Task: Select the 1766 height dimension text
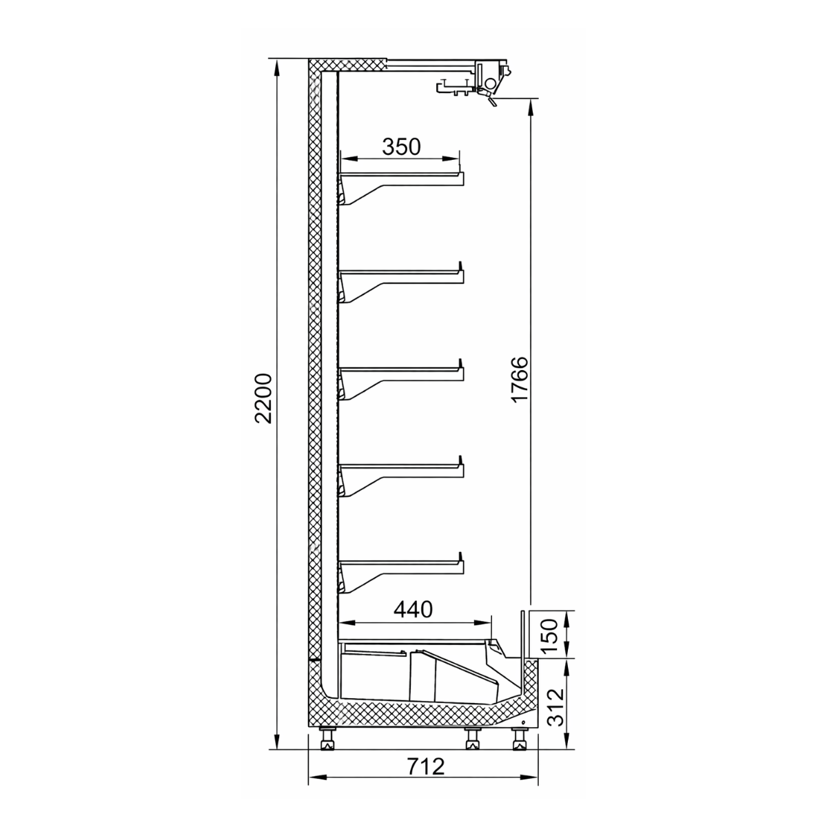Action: [x=520, y=380]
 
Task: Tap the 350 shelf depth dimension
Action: [x=401, y=147]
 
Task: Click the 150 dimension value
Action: [x=550, y=634]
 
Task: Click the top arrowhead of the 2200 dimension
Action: [x=277, y=66]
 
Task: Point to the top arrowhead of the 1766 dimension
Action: [x=531, y=105]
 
